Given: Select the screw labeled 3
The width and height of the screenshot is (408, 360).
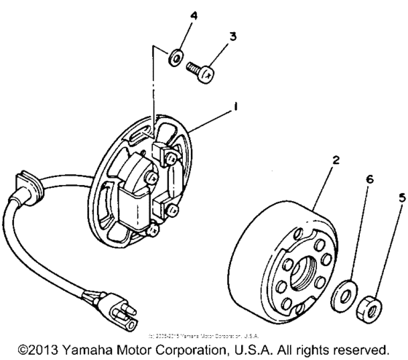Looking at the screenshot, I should coord(203,71).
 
